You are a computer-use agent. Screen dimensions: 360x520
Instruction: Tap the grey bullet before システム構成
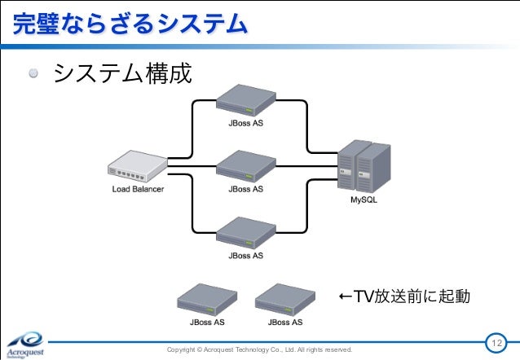[x=33, y=75]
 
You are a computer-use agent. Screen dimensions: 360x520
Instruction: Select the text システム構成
[x=122, y=75]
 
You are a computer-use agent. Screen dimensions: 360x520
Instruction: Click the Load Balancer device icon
[x=137, y=168]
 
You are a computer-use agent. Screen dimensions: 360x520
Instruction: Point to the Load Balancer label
[x=138, y=189]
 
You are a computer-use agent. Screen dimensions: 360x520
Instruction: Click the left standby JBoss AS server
[x=207, y=301]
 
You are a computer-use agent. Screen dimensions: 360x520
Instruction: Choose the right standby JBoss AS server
[x=284, y=301]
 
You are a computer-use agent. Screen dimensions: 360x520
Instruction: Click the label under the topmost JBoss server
[x=245, y=124]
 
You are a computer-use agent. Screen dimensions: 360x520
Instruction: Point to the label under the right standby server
[x=284, y=323]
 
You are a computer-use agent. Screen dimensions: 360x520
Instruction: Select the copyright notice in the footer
[x=259, y=349]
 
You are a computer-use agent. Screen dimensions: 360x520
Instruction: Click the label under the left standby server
[x=207, y=323]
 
